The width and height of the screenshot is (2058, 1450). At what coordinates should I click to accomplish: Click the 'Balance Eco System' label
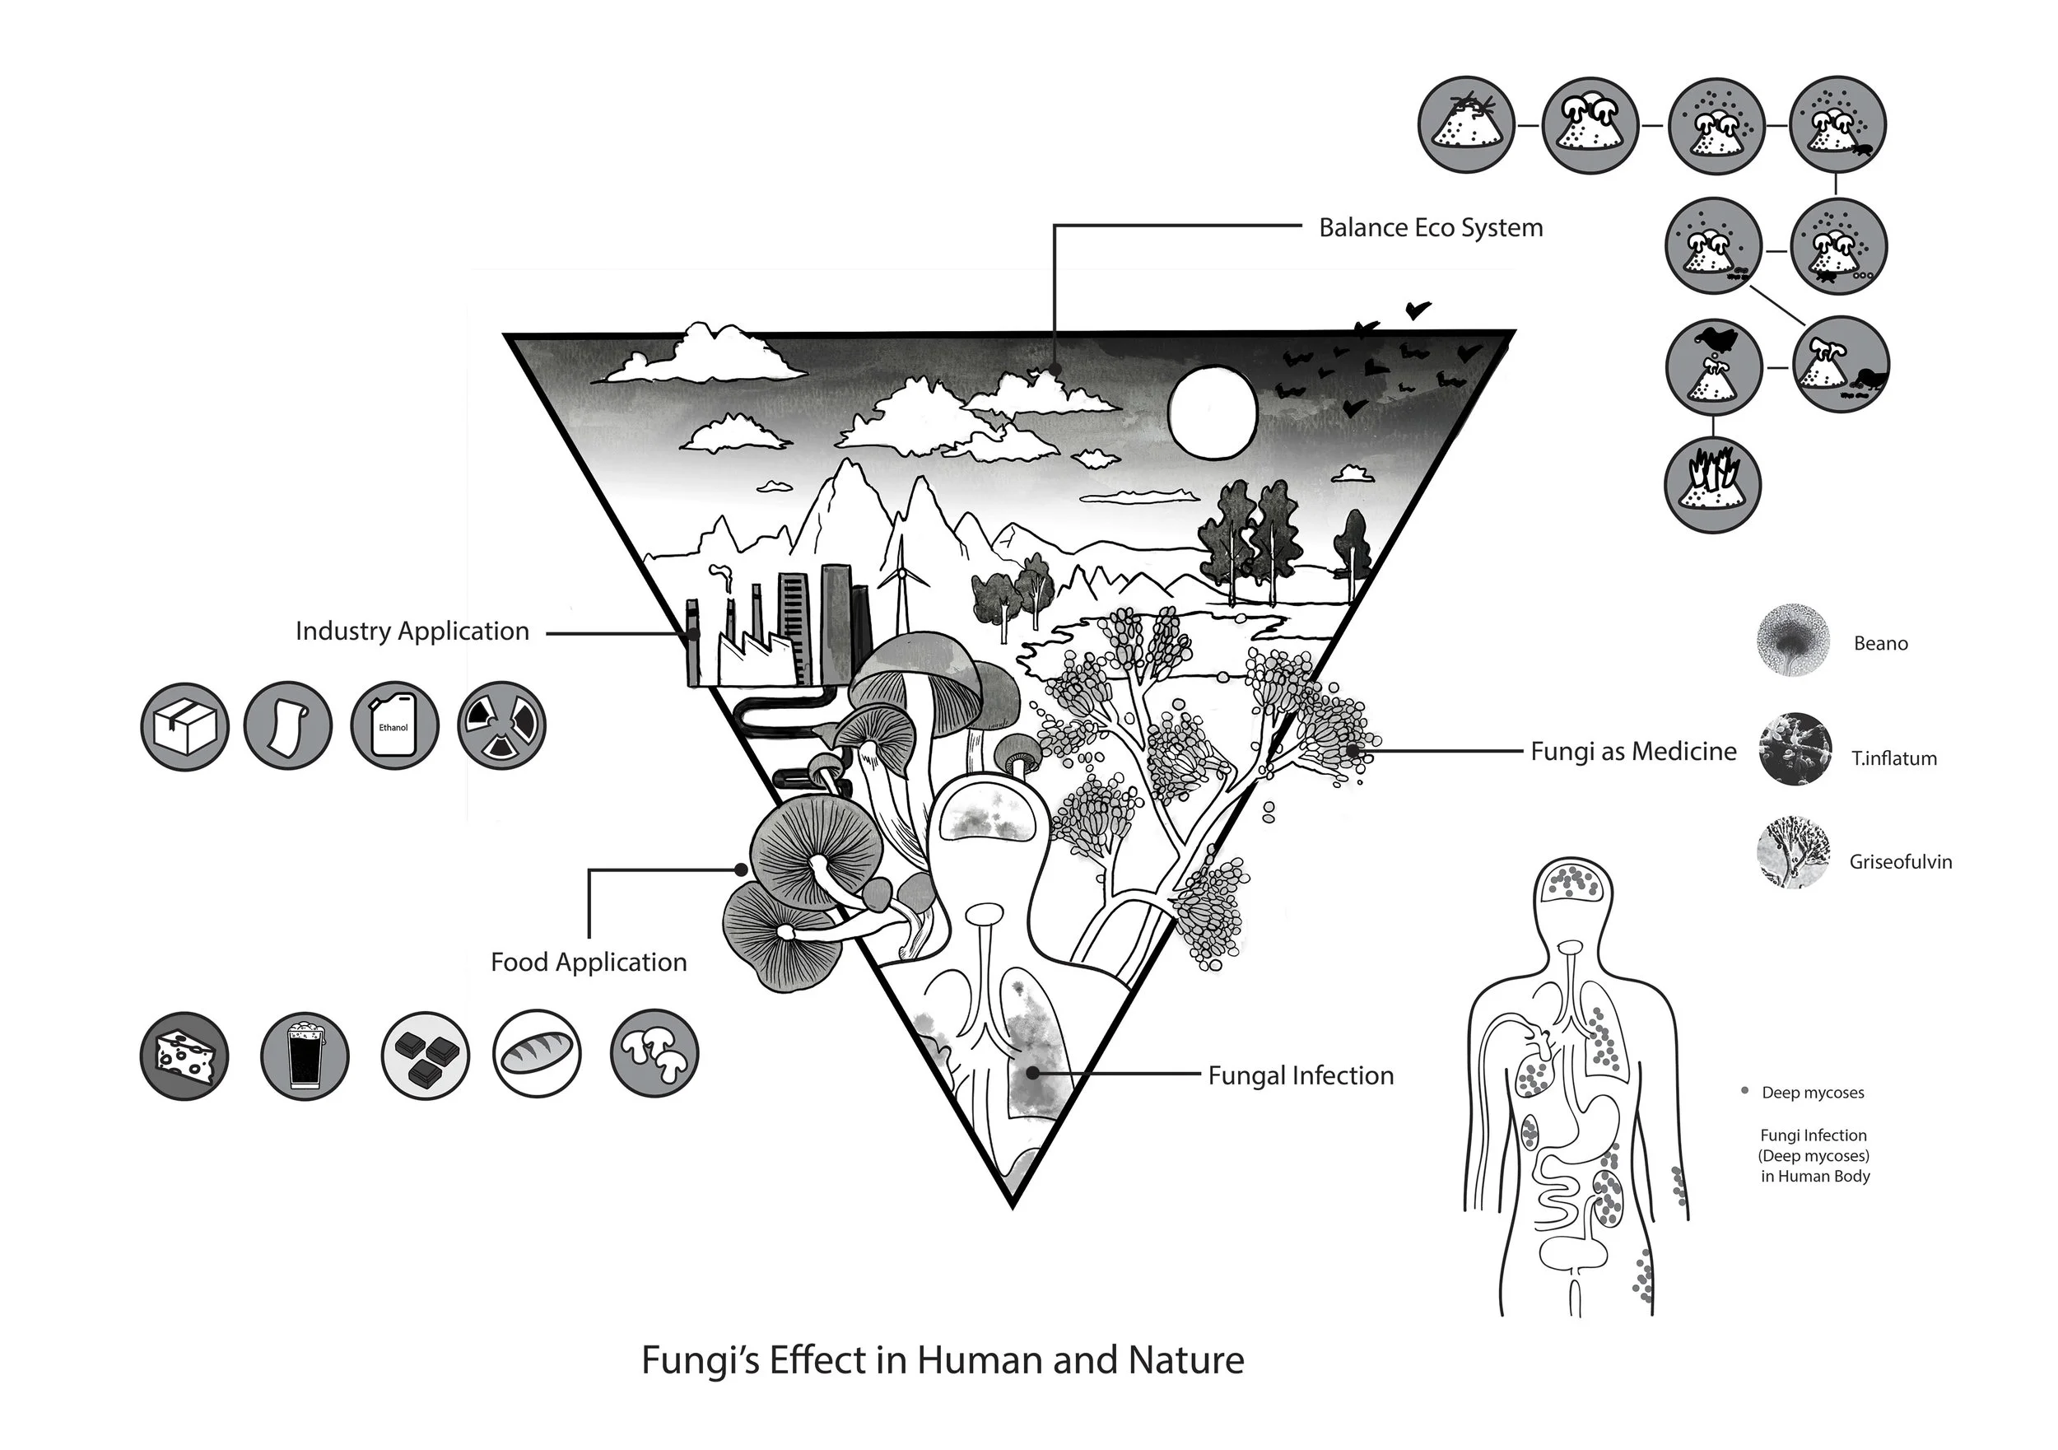click(1431, 228)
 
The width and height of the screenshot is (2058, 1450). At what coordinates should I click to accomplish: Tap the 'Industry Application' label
click(412, 632)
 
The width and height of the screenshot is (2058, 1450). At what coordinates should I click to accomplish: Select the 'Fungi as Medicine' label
click(1633, 752)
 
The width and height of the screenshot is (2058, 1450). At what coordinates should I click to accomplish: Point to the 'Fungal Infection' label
click(1301, 1075)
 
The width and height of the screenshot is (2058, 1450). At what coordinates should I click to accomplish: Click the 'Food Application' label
click(589, 963)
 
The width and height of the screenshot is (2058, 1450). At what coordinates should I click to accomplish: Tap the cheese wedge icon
click(184, 1056)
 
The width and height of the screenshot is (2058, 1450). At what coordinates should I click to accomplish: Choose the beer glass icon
click(305, 1056)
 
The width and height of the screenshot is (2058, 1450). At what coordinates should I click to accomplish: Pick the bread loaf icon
click(537, 1054)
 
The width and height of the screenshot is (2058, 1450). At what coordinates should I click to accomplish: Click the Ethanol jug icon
click(394, 725)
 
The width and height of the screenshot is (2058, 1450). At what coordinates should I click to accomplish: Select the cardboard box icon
click(184, 725)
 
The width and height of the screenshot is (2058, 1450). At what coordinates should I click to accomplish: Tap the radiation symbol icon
click(501, 725)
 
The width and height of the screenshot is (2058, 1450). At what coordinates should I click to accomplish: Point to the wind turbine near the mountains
click(901, 583)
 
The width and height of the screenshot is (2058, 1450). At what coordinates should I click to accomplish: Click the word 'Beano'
click(1880, 644)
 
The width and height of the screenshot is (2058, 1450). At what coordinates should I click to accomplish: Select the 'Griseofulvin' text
click(1900, 863)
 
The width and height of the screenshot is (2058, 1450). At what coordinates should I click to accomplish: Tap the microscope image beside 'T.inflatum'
click(1795, 749)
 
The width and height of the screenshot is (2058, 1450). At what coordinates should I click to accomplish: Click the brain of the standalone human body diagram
click(1573, 883)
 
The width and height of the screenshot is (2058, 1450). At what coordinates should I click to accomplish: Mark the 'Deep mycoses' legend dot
click(1744, 1091)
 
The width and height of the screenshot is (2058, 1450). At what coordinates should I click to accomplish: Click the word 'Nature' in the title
click(1186, 1361)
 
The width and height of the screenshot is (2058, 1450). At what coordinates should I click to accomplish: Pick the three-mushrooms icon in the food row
click(654, 1054)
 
